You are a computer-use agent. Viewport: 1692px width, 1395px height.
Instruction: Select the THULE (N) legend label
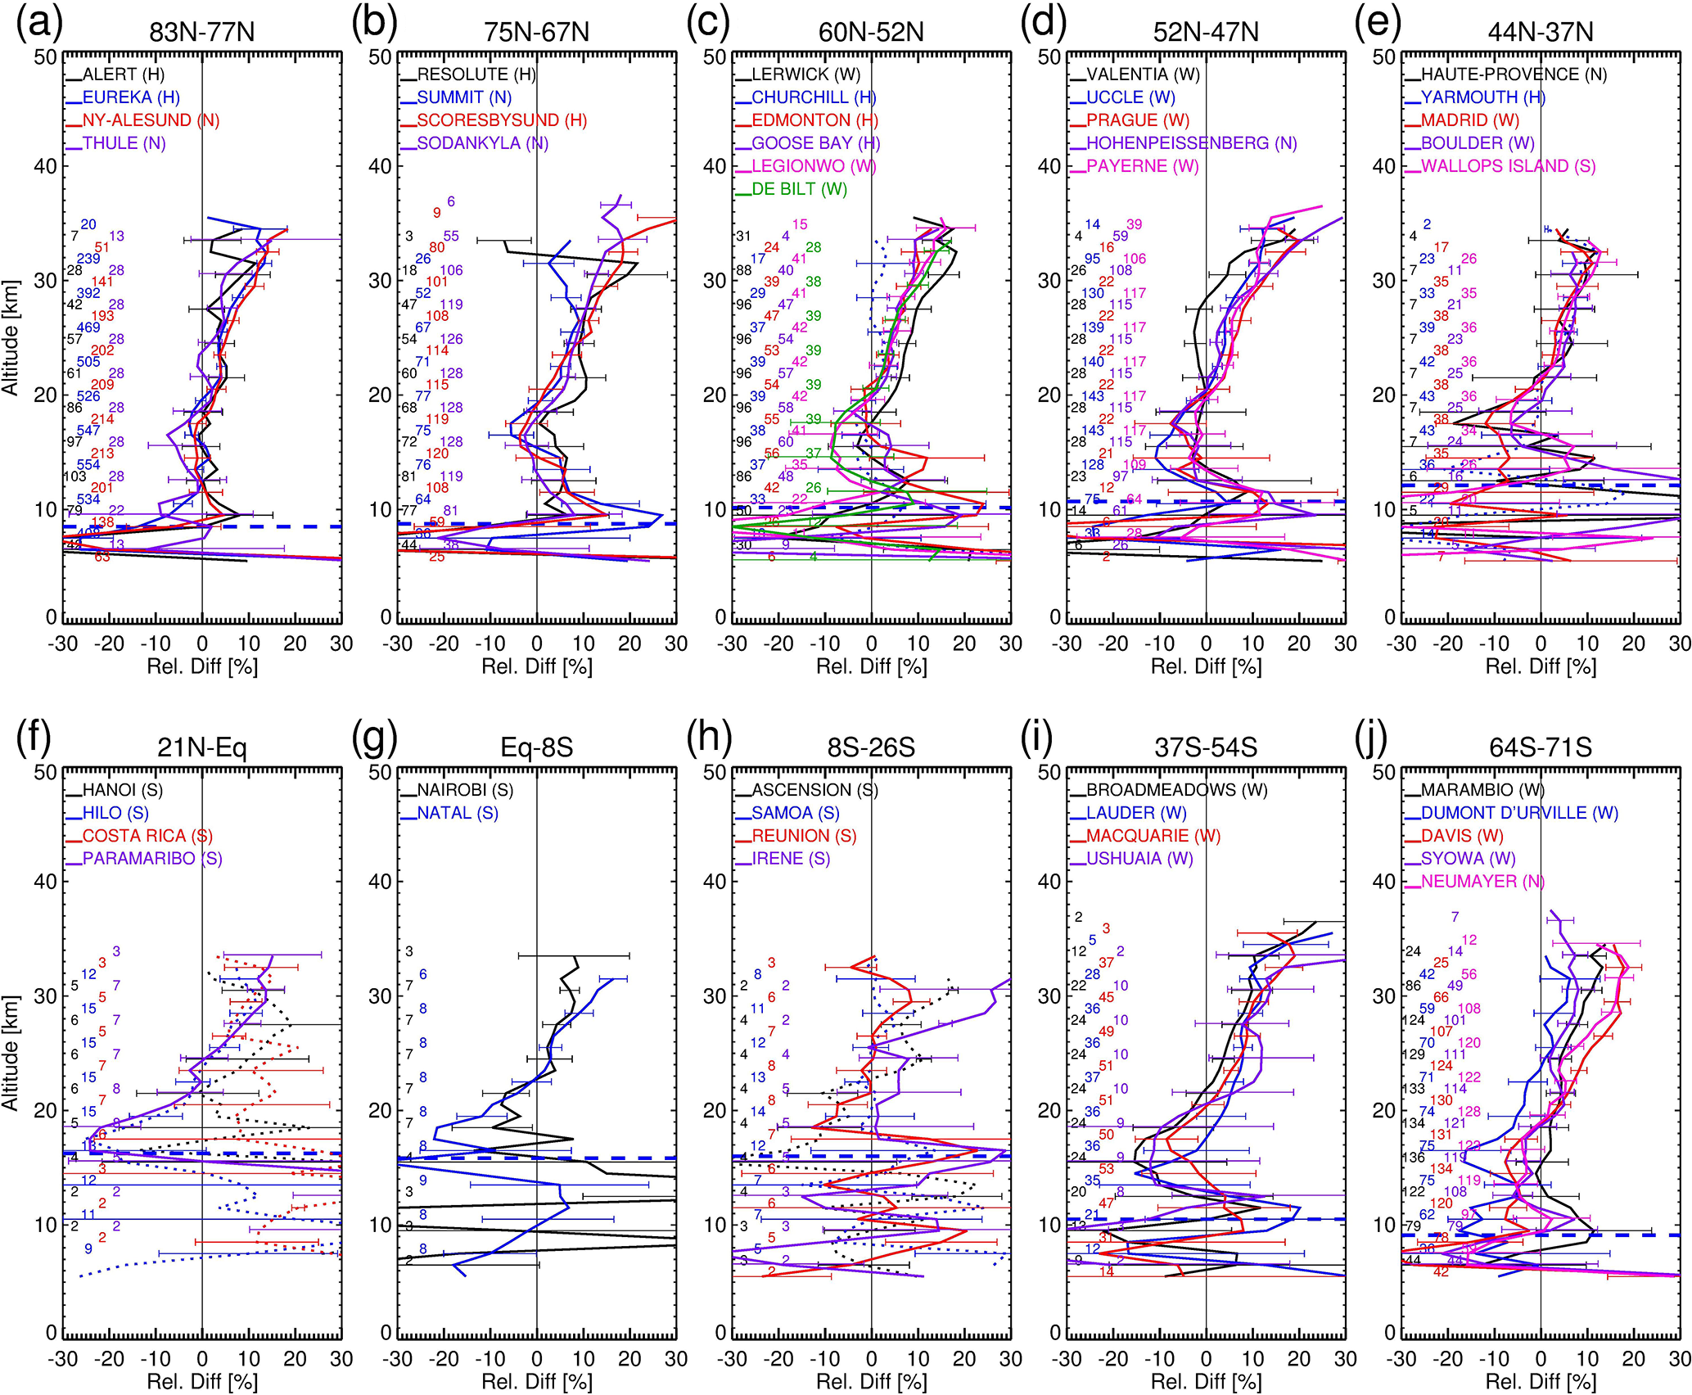pos(124,143)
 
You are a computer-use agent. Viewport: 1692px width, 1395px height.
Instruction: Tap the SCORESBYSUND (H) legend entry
pos(502,120)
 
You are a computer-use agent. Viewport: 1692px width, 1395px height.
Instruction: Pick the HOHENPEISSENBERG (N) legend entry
pos(1191,143)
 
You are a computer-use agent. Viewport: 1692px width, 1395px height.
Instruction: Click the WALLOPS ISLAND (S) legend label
pos(1508,166)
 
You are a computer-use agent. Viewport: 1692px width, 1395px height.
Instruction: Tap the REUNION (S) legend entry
pos(804,836)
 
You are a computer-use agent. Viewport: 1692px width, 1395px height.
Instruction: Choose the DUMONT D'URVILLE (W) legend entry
pos(1519,813)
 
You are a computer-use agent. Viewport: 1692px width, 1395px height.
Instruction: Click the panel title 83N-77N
pos(202,32)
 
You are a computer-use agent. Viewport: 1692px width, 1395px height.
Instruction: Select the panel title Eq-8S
pos(536,747)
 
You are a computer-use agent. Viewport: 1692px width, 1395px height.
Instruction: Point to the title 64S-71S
pos(1541,747)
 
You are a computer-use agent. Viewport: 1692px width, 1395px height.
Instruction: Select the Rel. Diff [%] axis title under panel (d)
pos(1206,667)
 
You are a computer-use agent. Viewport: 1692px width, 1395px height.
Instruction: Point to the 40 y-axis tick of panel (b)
pos(380,166)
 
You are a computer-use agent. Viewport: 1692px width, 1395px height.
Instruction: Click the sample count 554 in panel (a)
pos(88,465)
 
